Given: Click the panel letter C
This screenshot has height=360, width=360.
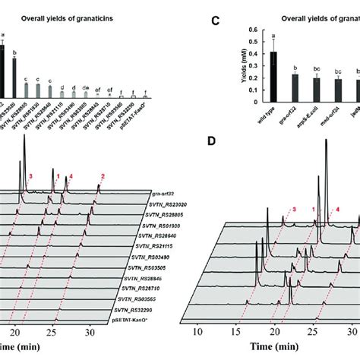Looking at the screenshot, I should (215, 23).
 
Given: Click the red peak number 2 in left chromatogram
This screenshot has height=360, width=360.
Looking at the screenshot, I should (102, 176).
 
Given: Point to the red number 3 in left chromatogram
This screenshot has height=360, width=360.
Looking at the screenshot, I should (30, 176).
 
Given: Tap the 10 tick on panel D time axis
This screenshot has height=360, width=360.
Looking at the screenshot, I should (197, 331).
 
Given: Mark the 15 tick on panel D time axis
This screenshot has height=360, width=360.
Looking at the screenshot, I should (237, 331).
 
